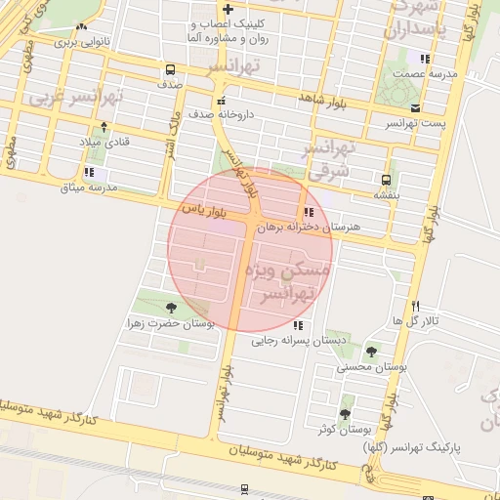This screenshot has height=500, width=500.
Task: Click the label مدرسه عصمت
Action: pos(422,74)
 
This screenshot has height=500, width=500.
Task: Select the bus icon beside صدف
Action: pos(171,70)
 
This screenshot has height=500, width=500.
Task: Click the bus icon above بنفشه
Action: pos(387,180)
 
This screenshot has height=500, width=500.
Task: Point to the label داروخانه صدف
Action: pos(223,114)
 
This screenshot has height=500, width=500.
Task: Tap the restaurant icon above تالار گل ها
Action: pos(416,306)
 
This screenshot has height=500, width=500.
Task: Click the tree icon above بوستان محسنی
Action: pos(371,352)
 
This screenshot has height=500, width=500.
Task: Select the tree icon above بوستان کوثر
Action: pos(346,414)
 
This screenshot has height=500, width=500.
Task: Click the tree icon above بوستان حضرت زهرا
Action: pos(172,308)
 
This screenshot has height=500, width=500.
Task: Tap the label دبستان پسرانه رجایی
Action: pos(294,341)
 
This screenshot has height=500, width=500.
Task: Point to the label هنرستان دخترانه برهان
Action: pos(309,227)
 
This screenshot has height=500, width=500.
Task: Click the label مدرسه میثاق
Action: pos(89,187)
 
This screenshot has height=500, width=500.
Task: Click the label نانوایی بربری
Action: pos(80,42)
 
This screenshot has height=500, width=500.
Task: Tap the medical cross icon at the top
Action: pos(228,9)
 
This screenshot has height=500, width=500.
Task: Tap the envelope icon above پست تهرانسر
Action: pos(416,107)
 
